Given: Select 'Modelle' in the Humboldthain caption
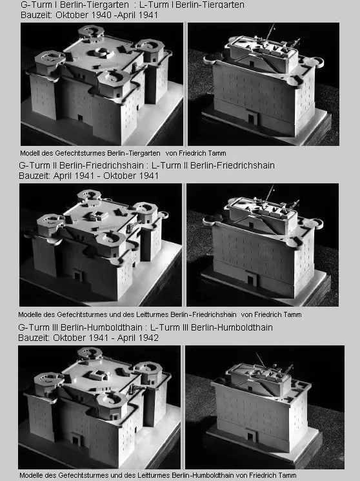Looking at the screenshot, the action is pos(29,475).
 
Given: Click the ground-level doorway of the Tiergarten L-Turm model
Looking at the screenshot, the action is pos(252,118).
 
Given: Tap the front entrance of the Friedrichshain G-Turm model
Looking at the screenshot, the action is pos(77,275).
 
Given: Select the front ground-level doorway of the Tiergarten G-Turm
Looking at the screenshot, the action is pos(80,118).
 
